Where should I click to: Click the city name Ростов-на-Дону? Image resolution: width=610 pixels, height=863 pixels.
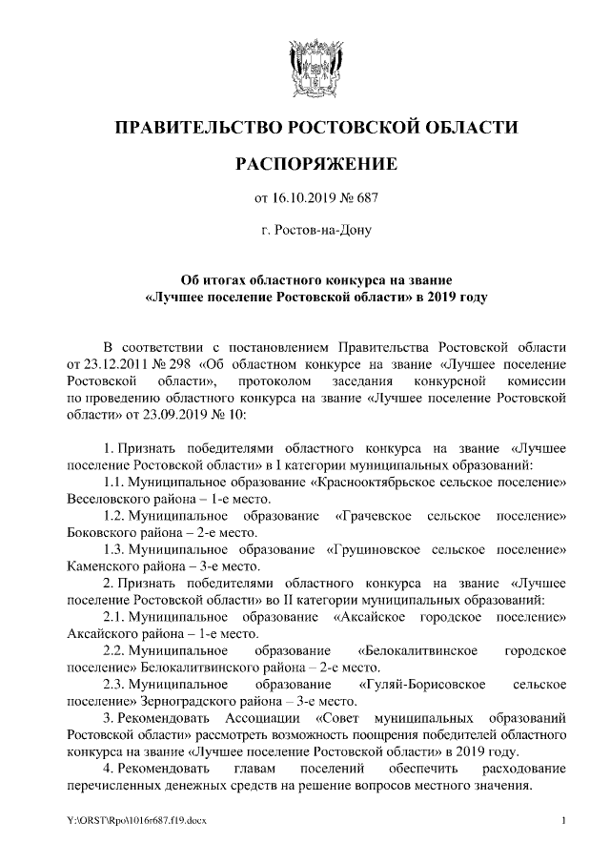[315, 230]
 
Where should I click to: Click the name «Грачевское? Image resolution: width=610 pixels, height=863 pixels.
[374, 516]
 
